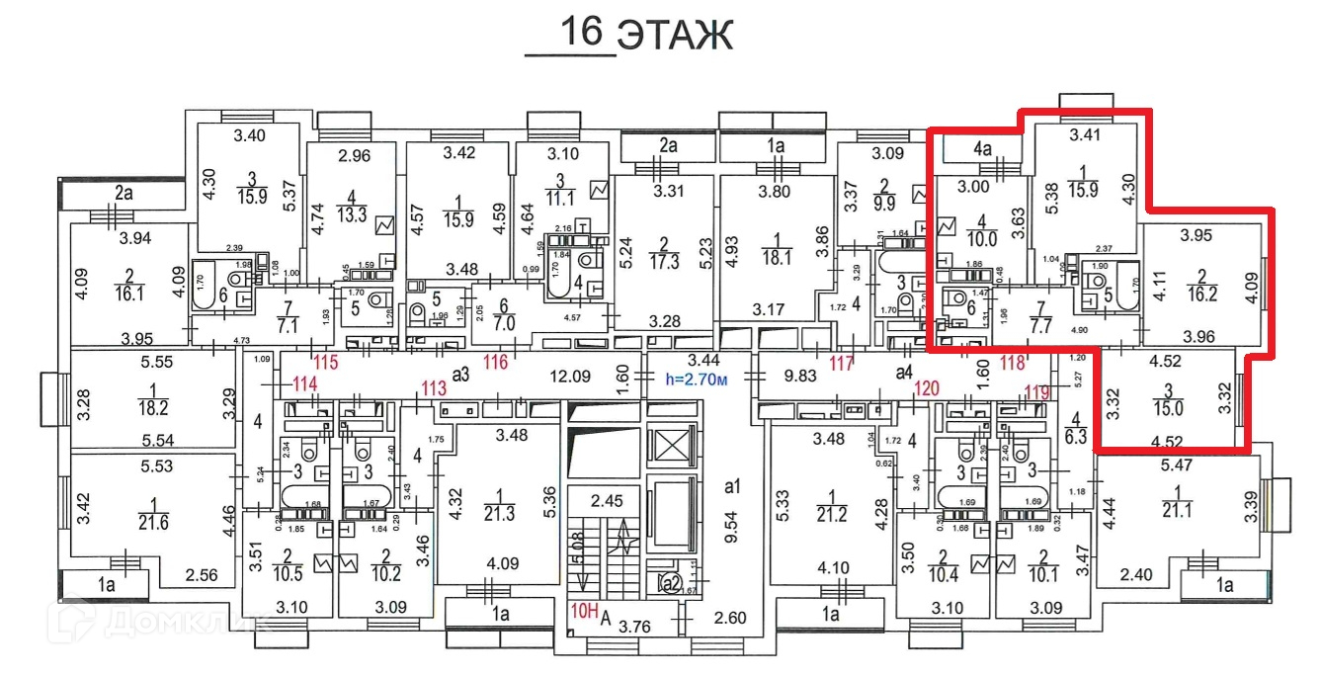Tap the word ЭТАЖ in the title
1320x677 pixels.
(x=676, y=35)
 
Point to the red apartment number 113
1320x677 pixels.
(x=434, y=386)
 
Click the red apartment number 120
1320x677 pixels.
(x=925, y=386)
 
